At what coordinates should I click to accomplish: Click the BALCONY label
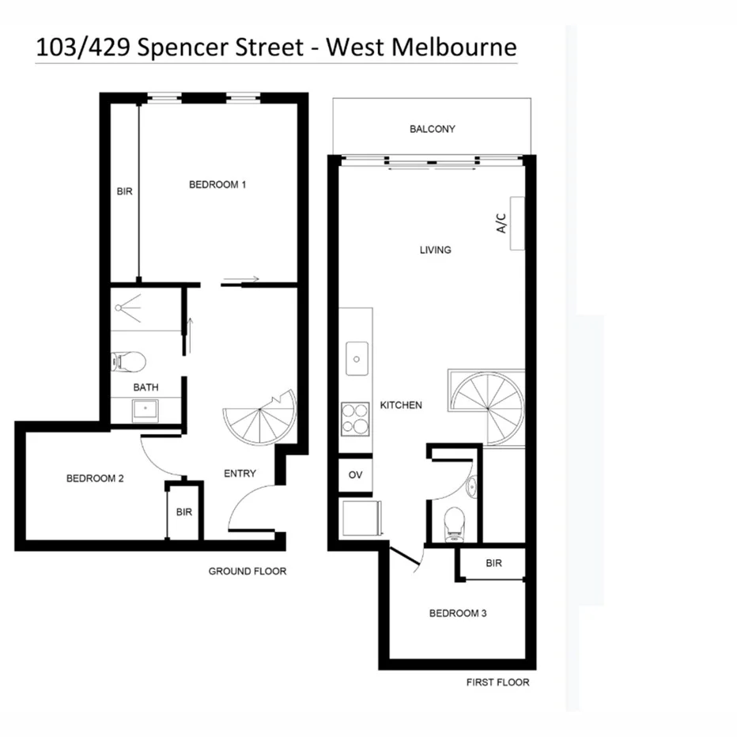tap(432, 129)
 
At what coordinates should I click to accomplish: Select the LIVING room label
tap(435, 250)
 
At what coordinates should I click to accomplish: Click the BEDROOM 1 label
tap(217, 185)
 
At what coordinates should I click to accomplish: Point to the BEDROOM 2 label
tap(94, 478)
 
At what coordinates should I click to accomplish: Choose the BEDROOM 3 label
tap(456, 613)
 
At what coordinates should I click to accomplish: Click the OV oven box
tap(354, 476)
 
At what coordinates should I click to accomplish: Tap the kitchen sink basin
tap(357, 360)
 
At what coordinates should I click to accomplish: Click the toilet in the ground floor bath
tap(130, 362)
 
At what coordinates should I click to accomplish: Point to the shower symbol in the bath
tap(128, 305)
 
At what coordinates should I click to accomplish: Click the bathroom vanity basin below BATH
tap(145, 410)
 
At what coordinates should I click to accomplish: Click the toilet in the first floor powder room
tap(455, 522)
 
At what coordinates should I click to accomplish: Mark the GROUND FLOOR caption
tap(247, 571)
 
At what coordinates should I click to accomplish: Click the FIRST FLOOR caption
tap(497, 682)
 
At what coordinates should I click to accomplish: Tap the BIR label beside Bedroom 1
tap(124, 192)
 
